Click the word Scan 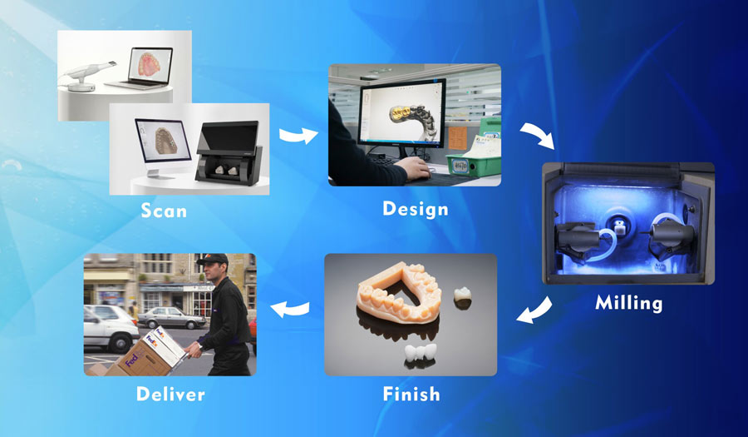164,211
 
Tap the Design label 416,209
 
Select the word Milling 629,303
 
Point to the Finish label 411,394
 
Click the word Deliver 170,394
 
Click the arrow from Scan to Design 298,136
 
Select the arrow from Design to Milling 538,134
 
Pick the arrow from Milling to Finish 534,310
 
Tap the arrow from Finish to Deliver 289,309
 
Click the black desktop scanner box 228,153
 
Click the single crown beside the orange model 462,296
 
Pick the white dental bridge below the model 421,353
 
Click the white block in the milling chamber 619,227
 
